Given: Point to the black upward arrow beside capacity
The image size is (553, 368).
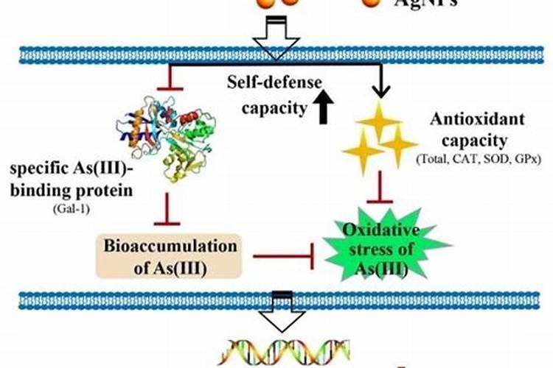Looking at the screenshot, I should point(321,108).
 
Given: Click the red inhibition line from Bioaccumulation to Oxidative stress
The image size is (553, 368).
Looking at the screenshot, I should point(284,257).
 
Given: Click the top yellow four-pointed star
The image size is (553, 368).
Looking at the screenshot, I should point(378,121).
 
